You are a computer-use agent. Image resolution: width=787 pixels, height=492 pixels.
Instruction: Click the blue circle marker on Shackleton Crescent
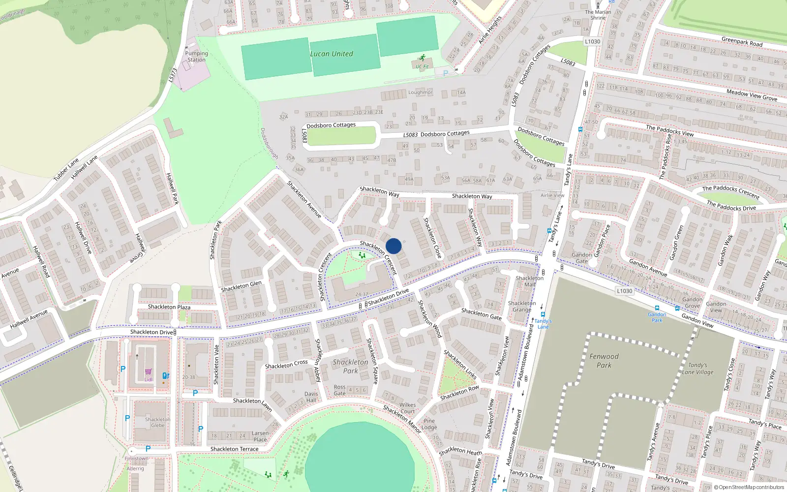point(393,246)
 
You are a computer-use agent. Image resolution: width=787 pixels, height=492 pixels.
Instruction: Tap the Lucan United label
point(331,54)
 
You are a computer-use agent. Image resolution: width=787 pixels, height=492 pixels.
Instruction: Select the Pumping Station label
point(196,57)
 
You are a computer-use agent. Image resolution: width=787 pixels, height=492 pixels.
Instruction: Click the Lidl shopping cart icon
point(149,372)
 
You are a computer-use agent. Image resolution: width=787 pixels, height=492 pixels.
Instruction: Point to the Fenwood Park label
point(604,361)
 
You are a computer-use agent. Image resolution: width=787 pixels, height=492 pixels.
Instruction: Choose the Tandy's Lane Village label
point(697,369)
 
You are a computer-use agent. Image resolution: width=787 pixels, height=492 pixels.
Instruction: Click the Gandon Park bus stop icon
point(657,308)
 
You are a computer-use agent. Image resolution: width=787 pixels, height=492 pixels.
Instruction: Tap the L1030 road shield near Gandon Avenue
point(624,291)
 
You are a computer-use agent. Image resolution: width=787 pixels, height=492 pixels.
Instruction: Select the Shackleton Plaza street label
point(169,307)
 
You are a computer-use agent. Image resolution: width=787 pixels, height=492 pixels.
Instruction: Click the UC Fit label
point(422,66)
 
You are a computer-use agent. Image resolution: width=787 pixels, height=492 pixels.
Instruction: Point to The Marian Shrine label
point(598,15)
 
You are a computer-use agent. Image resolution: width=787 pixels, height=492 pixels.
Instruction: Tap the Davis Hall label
point(311,397)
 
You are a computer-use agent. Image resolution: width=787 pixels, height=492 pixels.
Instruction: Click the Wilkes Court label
point(407,408)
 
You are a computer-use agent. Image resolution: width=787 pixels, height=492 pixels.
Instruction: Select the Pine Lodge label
point(429,424)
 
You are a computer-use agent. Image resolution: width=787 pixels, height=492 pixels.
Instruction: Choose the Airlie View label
point(552,195)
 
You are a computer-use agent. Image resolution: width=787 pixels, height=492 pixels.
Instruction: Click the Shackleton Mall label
point(530,281)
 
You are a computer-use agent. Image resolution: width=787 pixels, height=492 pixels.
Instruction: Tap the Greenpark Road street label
point(742,41)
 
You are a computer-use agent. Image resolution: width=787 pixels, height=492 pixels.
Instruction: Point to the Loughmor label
point(420,92)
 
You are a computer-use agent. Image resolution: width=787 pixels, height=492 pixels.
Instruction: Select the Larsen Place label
point(260,436)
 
